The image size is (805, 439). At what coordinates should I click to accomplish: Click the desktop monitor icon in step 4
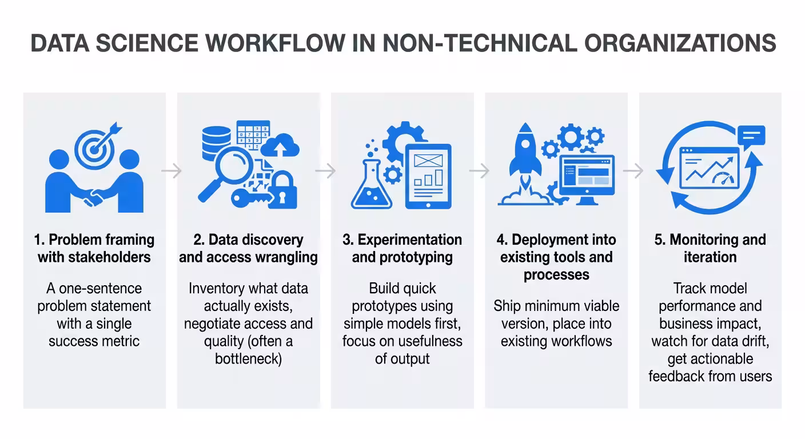click(587, 177)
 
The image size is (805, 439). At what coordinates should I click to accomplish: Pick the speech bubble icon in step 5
click(751, 137)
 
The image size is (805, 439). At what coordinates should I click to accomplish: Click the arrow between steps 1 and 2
click(172, 170)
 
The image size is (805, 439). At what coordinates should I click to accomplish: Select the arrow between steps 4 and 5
click(633, 170)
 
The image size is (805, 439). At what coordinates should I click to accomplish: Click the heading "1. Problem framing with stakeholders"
click(94, 248)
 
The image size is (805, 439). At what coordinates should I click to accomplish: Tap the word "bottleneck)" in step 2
click(248, 359)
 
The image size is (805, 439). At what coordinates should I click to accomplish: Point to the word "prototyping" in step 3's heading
click(402, 257)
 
